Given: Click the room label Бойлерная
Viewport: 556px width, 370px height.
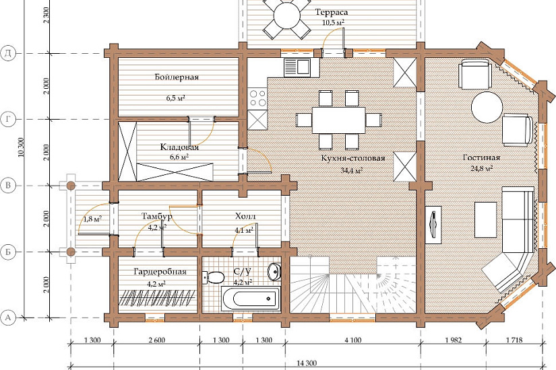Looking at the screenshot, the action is (x=177, y=77).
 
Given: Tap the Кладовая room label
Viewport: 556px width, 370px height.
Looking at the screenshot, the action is (x=179, y=147).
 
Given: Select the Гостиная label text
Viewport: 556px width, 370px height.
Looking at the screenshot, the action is (x=482, y=157).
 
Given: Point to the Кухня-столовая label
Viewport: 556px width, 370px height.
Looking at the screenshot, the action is (x=353, y=158).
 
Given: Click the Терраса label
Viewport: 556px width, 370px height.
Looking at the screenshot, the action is (x=332, y=12).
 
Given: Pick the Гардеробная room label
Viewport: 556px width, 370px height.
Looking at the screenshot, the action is (x=160, y=272).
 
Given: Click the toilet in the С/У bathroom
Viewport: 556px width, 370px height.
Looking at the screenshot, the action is (x=213, y=277).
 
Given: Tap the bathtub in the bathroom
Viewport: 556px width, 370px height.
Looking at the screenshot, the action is (x=251, y=299).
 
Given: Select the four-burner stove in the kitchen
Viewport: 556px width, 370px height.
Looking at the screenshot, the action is (x=257, y=98).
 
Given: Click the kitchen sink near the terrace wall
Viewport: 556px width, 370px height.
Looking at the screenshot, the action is (x=297, y=67).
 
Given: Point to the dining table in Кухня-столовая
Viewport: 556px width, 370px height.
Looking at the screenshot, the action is (x=338, y=120).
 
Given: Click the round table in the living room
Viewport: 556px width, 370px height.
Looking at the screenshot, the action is (x=487, y=107).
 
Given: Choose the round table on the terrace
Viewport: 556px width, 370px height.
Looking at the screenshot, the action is (x=287, y=16).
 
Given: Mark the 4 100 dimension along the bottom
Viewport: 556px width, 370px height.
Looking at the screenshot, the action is (x=353, y=340).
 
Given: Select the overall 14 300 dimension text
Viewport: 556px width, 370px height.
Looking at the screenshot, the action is (x=307, y=363).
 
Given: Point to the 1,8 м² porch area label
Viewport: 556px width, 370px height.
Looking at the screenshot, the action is (x=92, y=219).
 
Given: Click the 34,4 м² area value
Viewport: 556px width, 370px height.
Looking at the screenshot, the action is (x=351, y=171).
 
